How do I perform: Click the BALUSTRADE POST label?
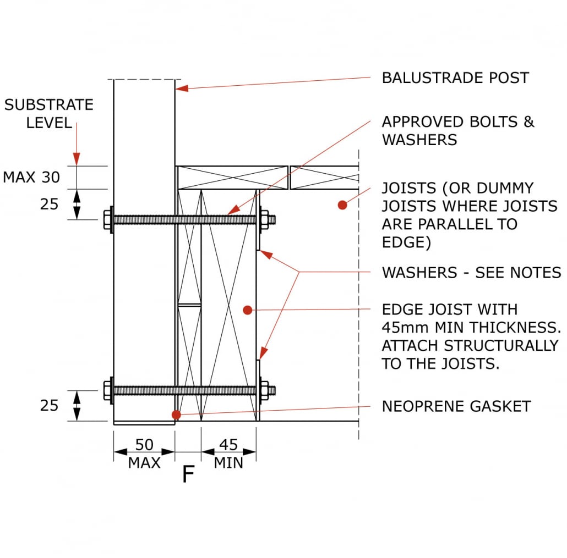click(x=455, y=78)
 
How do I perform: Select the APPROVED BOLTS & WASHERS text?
click(x=458, y=130)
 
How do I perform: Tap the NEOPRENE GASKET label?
click(x=456, y=406)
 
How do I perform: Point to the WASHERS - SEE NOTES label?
click(x=471, y=272)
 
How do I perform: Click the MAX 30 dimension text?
click(x=31, y=177)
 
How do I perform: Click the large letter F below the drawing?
click(x=188, y=474)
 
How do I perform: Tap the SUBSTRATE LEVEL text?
click(x=49, y=113)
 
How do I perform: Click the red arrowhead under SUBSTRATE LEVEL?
click(x=77, y=159)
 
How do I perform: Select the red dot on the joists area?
click(x=342, y=205)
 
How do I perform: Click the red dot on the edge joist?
click(x=248, y=311)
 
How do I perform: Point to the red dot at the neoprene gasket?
click(x=176, y=414)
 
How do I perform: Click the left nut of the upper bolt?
click(x=107, y=220)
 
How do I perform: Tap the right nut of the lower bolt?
click(x=265, y=390)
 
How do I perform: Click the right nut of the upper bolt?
click(x=265, y=220)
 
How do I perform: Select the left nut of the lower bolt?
click(x=107, y=390)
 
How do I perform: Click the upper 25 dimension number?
click(x=49, y=204)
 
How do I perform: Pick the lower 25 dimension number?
click(x=49, y=406)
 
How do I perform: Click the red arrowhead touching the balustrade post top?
click(x=181, y=87)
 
